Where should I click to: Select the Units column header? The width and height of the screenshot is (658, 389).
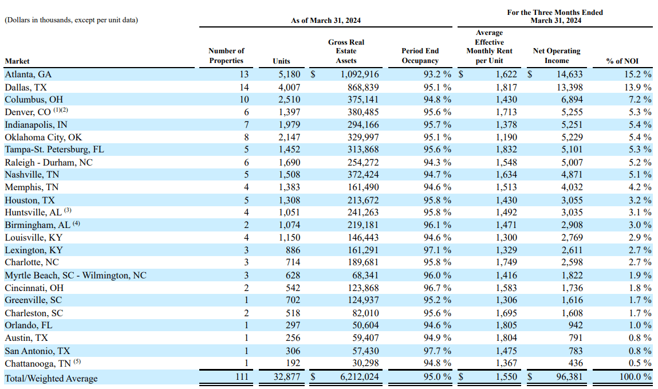click(282, 61)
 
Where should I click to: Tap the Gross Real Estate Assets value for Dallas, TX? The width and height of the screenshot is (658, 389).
click(359, 87)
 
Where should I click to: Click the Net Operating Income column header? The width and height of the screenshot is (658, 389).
click(556, 56)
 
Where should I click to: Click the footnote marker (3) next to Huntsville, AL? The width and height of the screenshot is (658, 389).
click(68, 210)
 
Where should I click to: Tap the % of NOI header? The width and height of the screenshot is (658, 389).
click(622, 61)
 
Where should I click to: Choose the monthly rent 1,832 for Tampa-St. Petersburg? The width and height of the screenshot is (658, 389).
click(506, 150)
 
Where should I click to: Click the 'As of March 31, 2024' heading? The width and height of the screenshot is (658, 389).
click(326, 21)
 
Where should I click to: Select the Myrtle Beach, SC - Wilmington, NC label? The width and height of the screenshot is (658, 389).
click(75, 275)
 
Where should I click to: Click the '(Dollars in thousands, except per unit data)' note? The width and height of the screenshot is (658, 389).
click(71, 21)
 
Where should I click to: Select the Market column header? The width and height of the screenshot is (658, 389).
click(17, 61)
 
